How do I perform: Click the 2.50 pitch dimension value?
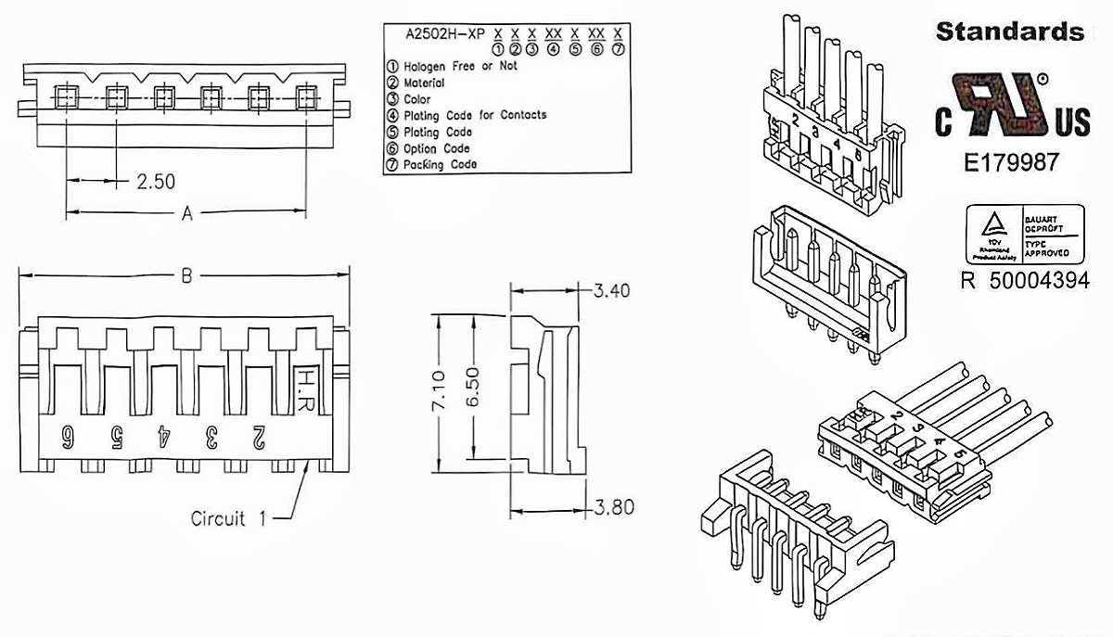156,181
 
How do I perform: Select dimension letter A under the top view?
186,214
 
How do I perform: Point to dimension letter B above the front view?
186,275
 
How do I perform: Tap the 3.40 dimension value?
611,291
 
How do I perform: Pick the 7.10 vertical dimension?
441,389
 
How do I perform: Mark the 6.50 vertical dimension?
473,389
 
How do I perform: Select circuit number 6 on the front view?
68,437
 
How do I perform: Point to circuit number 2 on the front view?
259,437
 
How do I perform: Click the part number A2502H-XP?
445,32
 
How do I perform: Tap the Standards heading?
1009,32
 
